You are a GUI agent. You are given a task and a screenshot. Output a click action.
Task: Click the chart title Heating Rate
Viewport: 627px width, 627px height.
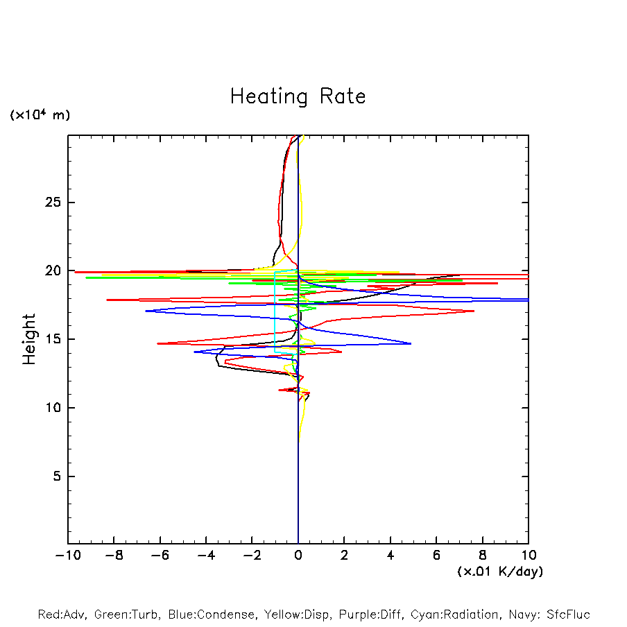[298, 96]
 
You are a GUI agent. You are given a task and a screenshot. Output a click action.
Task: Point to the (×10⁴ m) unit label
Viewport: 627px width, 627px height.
[40, 115]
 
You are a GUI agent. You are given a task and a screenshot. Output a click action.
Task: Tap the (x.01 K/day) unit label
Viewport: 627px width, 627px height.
[500, 572]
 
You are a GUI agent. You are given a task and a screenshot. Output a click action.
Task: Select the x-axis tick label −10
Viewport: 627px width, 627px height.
[67, 555]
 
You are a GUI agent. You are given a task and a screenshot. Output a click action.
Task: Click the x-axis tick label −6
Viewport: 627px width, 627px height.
[160, 555]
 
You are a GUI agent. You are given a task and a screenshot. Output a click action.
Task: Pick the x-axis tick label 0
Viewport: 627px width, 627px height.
[298, 555]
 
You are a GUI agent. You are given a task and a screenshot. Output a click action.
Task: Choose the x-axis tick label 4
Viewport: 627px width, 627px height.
[390, 555]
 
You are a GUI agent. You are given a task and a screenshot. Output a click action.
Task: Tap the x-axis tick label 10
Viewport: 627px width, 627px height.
[529, 555]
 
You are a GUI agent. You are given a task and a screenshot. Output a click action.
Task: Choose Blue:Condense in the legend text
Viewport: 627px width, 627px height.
[208, 615]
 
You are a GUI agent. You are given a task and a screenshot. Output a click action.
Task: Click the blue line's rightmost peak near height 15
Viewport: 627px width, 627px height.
[411, 343]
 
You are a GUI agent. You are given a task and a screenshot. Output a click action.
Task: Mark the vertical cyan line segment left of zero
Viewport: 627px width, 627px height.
[275, 312]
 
